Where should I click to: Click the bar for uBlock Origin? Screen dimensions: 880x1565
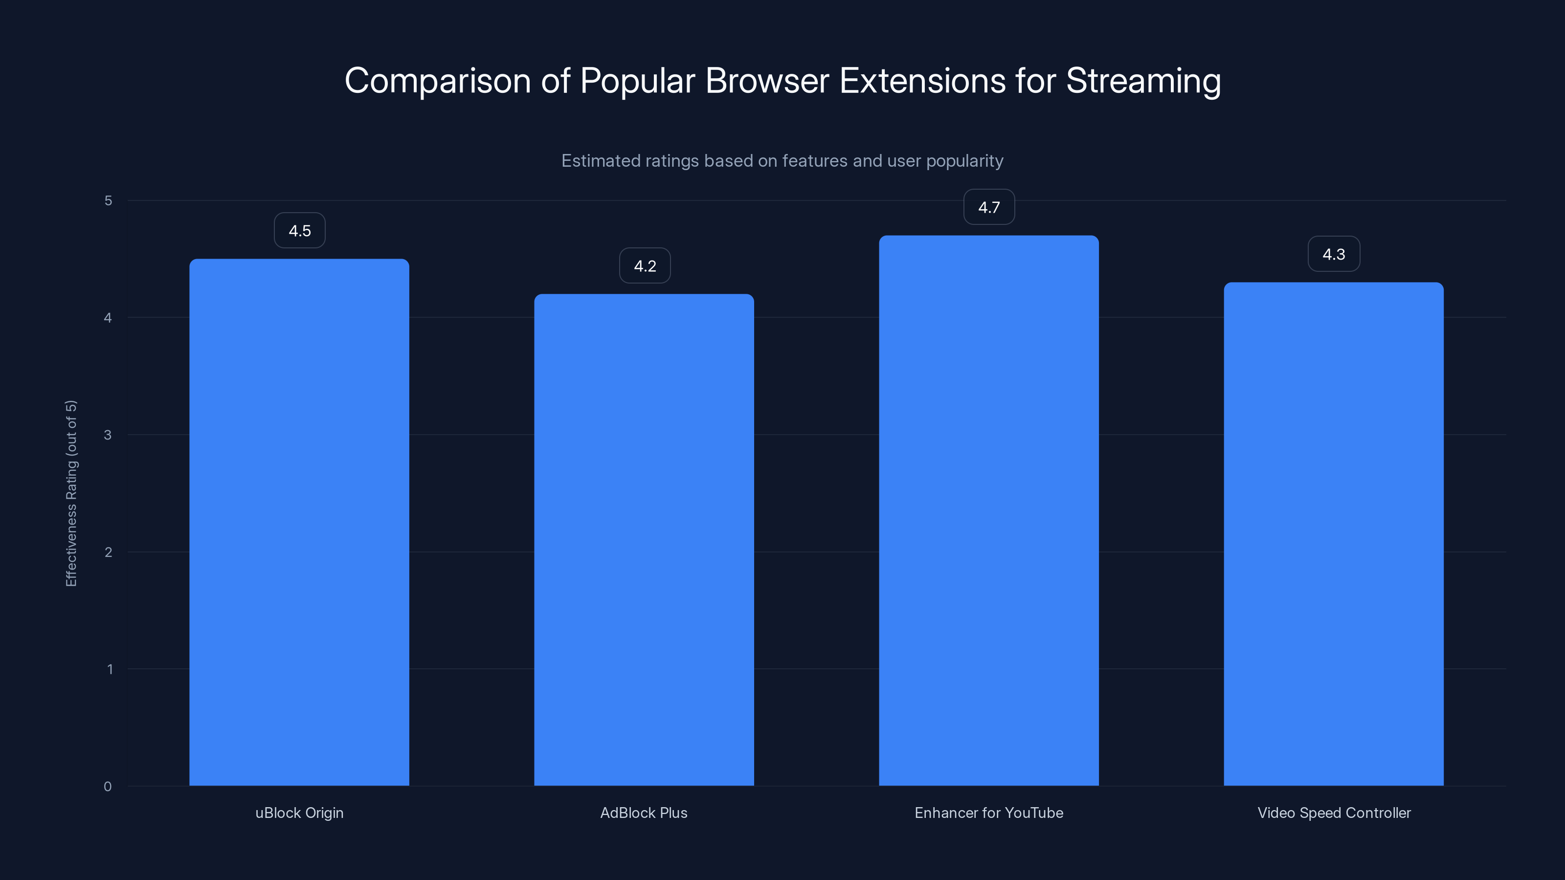point(299,522)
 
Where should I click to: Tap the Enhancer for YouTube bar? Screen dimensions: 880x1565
point(988,510)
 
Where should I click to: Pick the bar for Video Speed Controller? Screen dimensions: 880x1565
point(1334,534)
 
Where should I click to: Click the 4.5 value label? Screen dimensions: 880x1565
point(299,231)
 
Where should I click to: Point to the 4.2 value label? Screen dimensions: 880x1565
point(645,266)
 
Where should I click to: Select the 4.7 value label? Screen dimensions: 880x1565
point(989,208)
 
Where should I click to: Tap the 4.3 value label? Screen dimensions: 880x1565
point(1334,254)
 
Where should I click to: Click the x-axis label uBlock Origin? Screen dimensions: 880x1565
point(299,813)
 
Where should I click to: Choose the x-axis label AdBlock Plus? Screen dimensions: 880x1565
point(644,813)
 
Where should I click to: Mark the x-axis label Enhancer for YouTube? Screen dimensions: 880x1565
point(989,813)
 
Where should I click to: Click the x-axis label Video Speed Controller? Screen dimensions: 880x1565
point(1334,813)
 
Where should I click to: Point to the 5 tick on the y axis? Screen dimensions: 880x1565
point(108,200)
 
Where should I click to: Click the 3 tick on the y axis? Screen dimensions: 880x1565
point(108,435)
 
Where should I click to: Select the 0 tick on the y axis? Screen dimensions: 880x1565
point(108,787)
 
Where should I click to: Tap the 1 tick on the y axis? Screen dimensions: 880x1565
point(110,669)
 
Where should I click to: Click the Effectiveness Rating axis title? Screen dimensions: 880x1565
point(71,493)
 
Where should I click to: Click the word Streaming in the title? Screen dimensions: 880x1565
point(1143,81)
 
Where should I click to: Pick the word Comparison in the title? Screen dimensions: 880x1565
point(437,81)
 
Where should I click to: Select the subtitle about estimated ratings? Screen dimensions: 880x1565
point(782,161)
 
